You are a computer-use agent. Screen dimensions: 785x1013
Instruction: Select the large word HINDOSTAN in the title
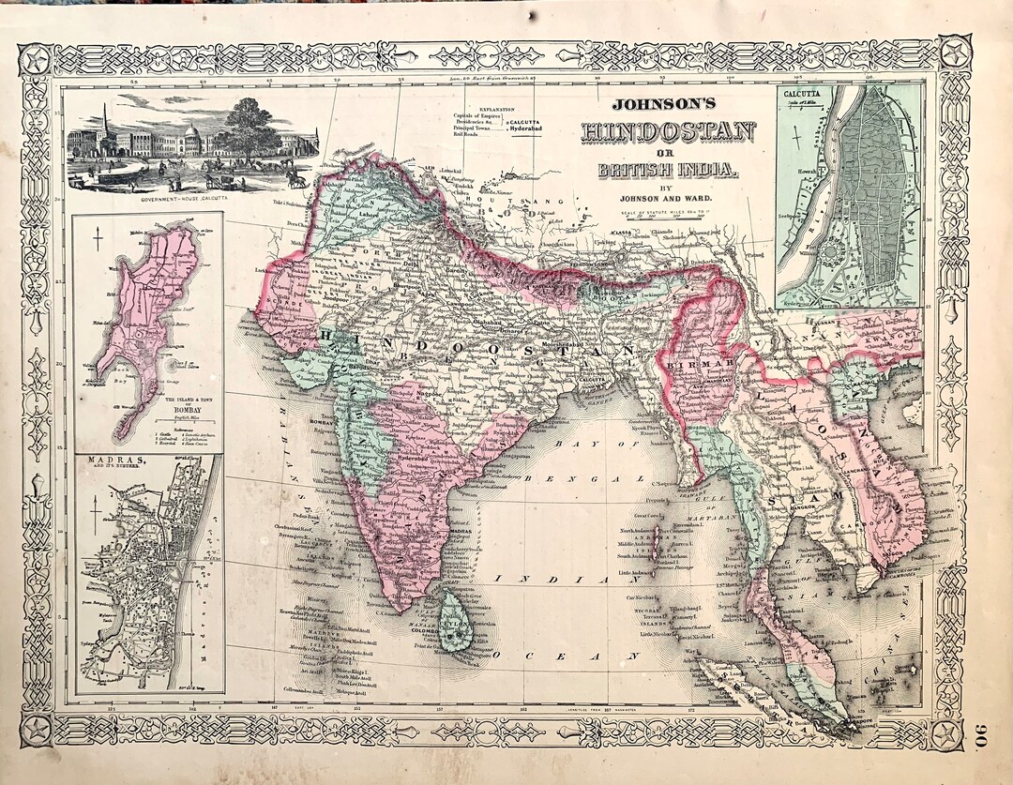[669, 132]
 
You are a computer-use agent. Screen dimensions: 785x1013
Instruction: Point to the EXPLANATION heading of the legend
[497, 110]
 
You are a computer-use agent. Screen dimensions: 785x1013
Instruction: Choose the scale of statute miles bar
[668, 219]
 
